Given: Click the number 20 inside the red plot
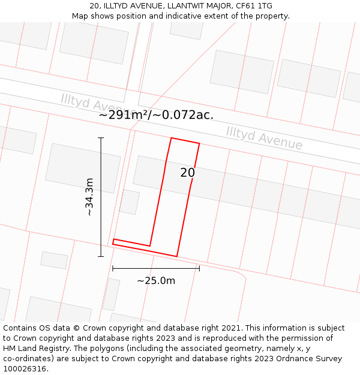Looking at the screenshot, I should pos(187,173).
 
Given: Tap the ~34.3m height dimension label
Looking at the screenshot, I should pos(89,197).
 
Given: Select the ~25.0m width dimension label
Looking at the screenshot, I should pos(156,281).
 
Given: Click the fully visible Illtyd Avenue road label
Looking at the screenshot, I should pos(264,138).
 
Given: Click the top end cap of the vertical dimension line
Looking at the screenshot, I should pos(101,138).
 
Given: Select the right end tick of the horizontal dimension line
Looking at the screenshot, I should pos(199,268).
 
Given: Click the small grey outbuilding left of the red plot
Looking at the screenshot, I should pos(129,202).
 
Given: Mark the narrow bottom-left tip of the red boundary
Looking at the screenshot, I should pos(113,242).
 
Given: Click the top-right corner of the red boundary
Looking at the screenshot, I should pos(199,143).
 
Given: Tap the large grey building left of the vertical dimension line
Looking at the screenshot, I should pos(83,168).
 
